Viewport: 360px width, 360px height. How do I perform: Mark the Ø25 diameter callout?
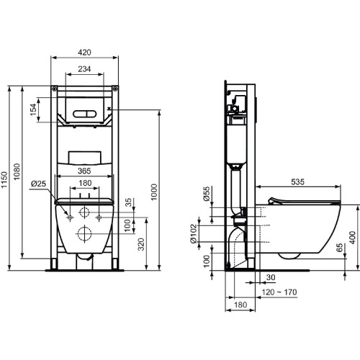click(39, 185)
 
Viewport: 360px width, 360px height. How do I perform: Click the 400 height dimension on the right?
click(352, 235)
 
